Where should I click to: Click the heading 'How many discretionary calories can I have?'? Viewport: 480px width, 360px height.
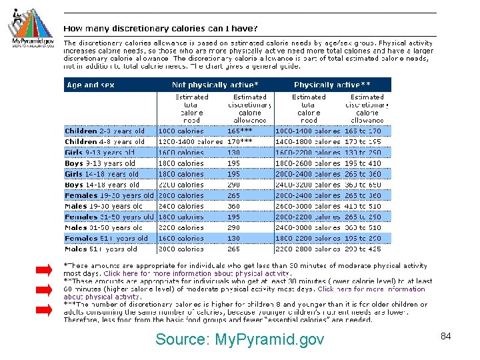tap(161, 29)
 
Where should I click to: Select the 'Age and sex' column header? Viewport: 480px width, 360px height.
tap(91, 85)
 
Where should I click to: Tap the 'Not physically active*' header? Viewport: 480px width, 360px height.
tap(215, 85)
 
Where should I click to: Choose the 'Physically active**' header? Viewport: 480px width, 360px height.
tap(332, 85)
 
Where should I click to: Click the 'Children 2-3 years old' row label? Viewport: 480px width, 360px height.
tap(105, 131)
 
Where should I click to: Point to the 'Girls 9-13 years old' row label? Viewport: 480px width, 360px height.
tap(100, 153)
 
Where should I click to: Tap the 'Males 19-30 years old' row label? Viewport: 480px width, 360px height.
tap(103, 206)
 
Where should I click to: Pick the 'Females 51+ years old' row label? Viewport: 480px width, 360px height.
tap(106, 238)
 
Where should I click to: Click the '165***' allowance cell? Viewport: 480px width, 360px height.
tap(240, 131)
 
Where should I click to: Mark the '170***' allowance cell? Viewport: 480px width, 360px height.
tap(240, 142)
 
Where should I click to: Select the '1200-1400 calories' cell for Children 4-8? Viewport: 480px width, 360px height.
tap(190, 142)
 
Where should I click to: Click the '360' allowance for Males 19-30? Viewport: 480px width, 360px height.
tap(234, 206)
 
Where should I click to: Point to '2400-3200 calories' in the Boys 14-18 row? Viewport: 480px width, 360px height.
tap(307, 185)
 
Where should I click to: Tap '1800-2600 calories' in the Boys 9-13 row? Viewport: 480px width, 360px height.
tap(307, 163)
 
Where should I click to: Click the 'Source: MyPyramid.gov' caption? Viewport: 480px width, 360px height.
tap(239, 339)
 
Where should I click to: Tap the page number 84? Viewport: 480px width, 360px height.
tap(446, 336)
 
